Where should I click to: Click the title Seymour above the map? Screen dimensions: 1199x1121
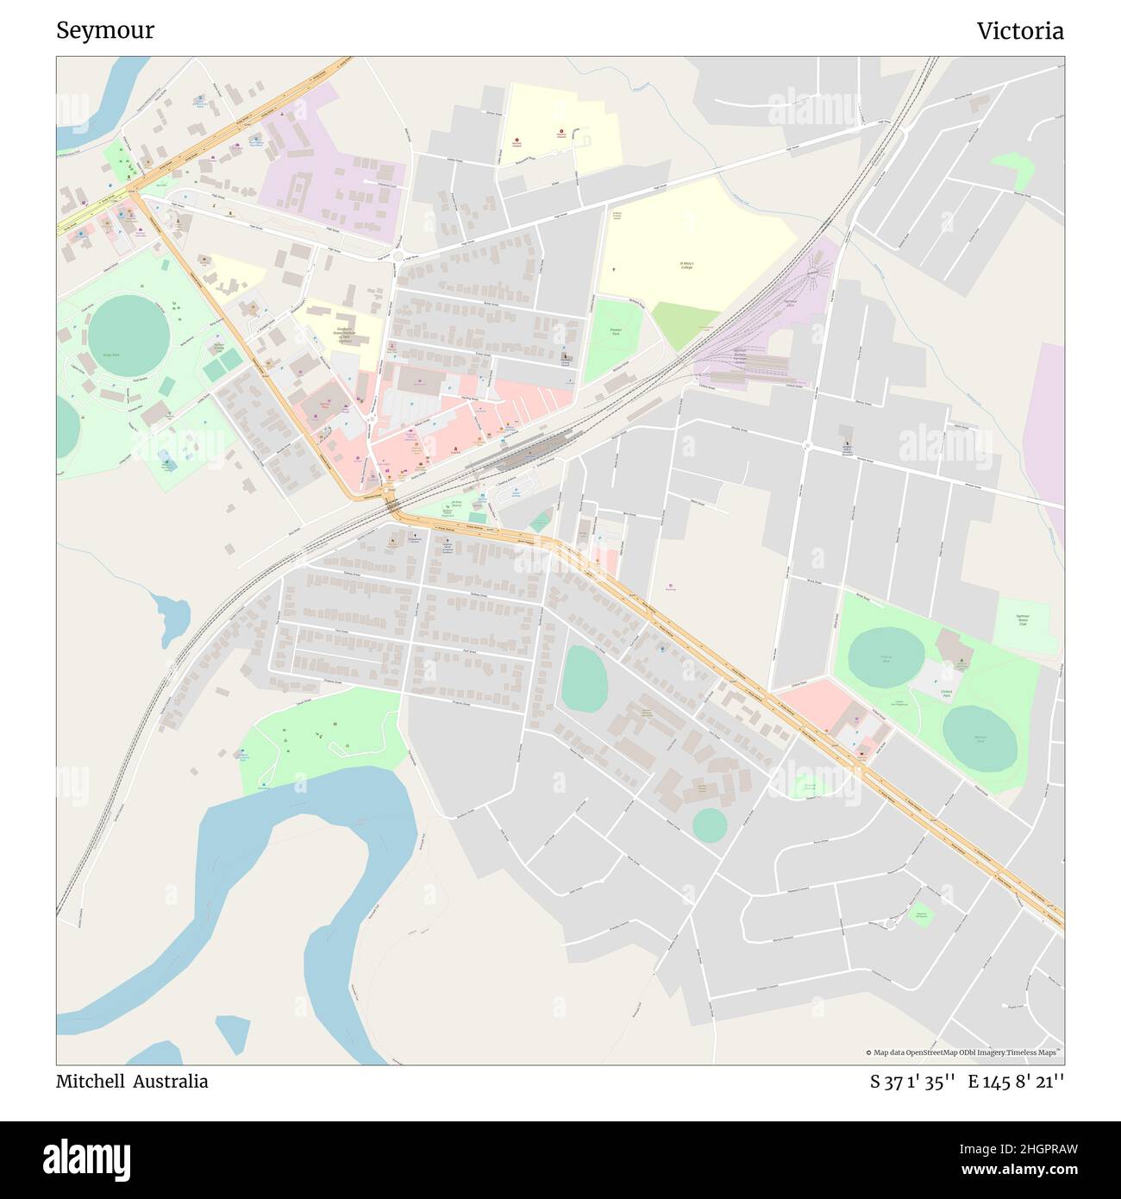tap(105, 31)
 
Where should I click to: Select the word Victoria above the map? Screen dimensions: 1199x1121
tap(1020, 31)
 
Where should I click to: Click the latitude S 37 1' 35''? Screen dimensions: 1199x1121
tap(911, 1081)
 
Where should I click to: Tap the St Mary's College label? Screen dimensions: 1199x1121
tap(687, 267)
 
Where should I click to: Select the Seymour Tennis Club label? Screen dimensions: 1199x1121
tap(1024, 619)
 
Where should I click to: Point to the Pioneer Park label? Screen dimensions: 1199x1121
tap(615, 330)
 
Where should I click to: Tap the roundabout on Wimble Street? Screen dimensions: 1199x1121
tap(808, 445)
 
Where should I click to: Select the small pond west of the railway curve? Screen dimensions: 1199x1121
tap(172, 616)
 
